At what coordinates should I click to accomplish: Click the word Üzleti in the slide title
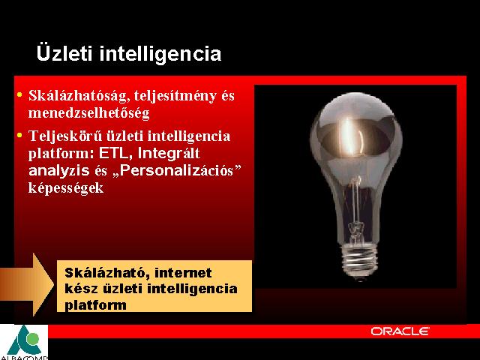pyautogui.click(x=64, y=53)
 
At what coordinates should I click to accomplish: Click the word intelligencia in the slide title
pyautogui.click(x=160, y=54)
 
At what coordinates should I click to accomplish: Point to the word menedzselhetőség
pyautogui.click(x=89, y=113)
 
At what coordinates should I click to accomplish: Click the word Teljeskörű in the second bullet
pyautogui.click(x=65, y=136)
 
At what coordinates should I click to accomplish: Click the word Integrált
pyautogui.click(x=169, y=154)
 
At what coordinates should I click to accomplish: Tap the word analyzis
pyautogui.click(x=59, y=170)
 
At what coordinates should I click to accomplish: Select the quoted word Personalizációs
pyautogui.click(x=177, y=170)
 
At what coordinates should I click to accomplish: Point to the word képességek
pyautogui.click(x=66, y=188)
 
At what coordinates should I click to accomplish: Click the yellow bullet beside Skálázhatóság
pyautogui.click(x=20, y=95)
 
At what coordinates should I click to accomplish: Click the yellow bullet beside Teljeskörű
pyautogui.click(x=20, y=135)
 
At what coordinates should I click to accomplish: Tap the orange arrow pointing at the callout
pyautogui.click(x=27, y=284)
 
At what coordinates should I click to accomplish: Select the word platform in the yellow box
pyautogui.click(x=95, y=305)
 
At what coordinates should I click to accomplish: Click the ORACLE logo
pyautogui.click(x=400, y=331)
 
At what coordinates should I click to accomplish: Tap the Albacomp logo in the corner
pyautogui.click(x=24, y=342)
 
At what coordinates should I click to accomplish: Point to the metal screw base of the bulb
pyautogui.click(x=359, y=260)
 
